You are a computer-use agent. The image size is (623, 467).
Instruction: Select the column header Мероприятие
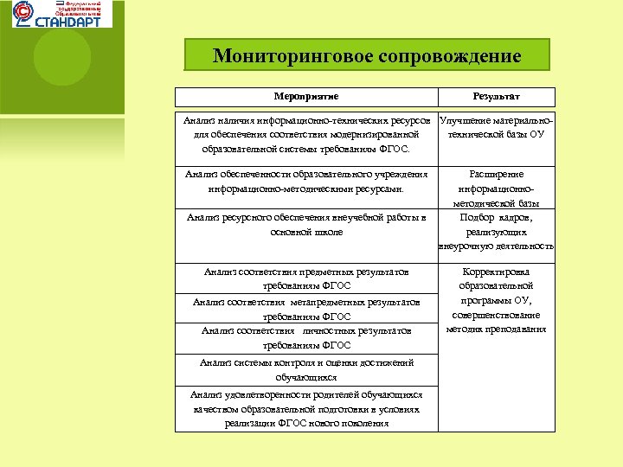(x=306, y=98)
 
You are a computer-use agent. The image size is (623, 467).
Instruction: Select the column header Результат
(x=496, y=98)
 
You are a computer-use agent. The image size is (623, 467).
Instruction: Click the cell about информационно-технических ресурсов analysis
(x=306, y=135)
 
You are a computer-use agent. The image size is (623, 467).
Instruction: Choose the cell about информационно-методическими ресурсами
(x=306, y=181)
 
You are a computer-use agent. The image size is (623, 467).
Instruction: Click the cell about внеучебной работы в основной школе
(x=306, y=224)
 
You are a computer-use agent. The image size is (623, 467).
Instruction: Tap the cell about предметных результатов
(x=306, y=278)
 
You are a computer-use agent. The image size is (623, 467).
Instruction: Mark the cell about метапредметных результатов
(x=306, y=310)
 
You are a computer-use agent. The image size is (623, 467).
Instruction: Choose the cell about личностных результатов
(x=306, y=337)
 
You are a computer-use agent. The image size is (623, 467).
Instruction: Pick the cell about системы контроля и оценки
(x=306, y=370)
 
